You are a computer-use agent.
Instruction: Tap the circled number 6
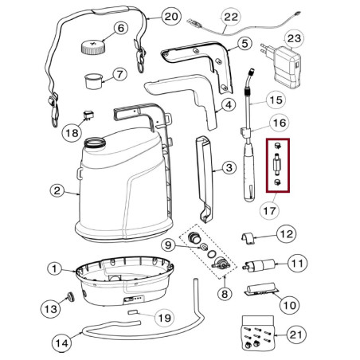point(121,29)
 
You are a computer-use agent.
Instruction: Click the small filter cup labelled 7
point(95,80)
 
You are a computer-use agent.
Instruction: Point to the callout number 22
point(209,17)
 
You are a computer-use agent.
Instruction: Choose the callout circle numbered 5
point(245,44)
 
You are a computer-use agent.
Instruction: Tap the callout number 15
point(275,100)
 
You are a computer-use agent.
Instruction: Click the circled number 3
point(229,167)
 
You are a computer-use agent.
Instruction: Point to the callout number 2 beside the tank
point(57,190)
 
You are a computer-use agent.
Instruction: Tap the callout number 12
point(286,234)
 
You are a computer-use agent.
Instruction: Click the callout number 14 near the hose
point(61,344)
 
